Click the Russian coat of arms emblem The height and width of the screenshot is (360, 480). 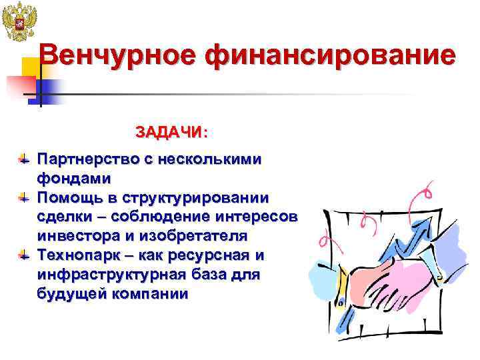coord(17,23)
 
